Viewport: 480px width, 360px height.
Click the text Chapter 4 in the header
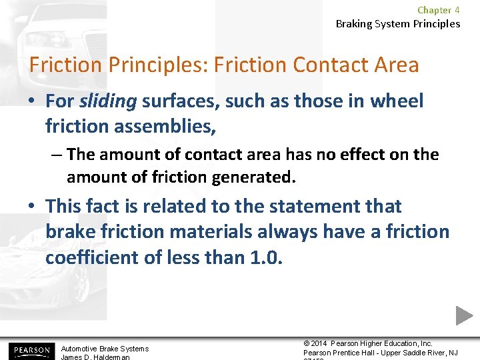click(x=438, y=10)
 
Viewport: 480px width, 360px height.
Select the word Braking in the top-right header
click(x=355, y=24)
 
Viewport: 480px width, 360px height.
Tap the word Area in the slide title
click(x=396, y=65)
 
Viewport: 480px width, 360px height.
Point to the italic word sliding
click(x=108, y=101)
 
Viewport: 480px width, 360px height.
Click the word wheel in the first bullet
click(x=397, y=101)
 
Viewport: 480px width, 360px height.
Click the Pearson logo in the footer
click(x=30, y=350)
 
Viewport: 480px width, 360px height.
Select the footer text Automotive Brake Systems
click(x=105, y=349)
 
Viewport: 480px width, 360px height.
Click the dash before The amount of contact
click(x=57, y=155)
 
